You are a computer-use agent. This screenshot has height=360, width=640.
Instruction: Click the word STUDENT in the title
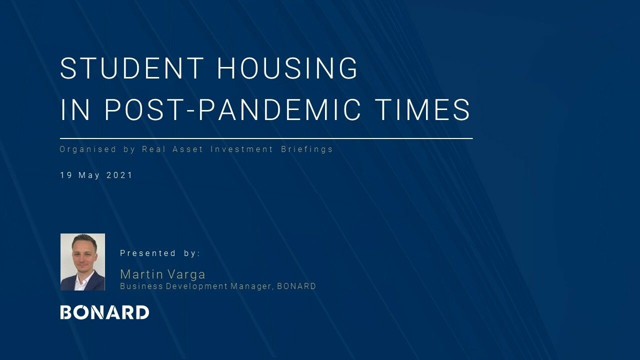[x=131, y=68]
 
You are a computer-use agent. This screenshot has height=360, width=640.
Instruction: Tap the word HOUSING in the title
[x=287, y=68]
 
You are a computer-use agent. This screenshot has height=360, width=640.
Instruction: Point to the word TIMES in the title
[x=422, y=109]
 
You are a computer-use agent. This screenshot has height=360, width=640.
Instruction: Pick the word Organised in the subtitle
[x=88, y=149]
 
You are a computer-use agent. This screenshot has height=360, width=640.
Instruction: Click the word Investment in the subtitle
[x=241, y=149]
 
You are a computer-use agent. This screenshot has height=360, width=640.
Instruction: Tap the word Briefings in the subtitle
[x=307, y=149]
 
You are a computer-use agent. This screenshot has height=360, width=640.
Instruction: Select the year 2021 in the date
[x=119, y=175]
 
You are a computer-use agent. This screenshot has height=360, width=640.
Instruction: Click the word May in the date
[x=89, y=175]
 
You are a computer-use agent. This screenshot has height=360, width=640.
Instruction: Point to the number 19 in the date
[x=66, y=175]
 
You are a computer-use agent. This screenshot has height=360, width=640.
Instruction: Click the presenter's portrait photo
[x=82, y=262]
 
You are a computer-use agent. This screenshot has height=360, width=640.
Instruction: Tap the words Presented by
[x=160, y=253]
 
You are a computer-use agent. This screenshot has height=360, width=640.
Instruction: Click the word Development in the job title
[x=197, y=286]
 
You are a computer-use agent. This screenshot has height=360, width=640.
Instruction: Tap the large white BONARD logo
[x=104, y=312]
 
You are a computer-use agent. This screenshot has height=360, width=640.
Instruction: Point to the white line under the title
[x=266, y=138]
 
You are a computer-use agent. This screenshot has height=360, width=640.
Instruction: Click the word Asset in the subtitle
[x=187, y=149]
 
